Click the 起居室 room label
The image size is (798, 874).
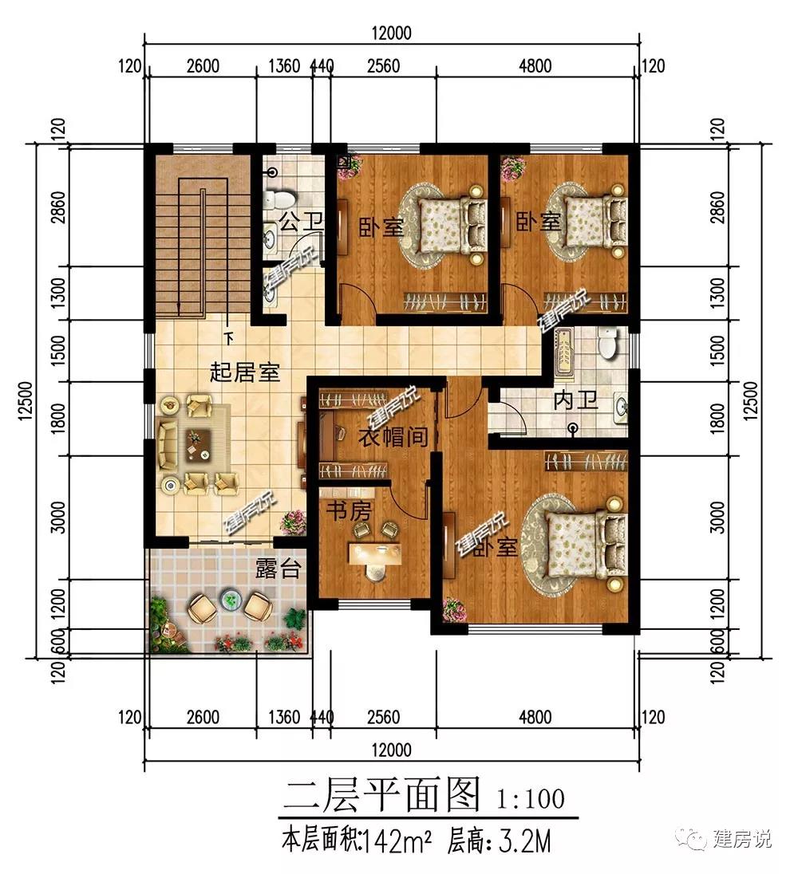click(x=244, y=372)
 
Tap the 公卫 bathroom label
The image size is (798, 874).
click(x=301, y=222)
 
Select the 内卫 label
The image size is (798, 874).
click(x=575, y=400)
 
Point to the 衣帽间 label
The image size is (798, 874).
click(x=393, y=437)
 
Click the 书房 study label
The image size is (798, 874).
click(x=349, y=510)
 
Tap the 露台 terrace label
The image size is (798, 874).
click(x=279, y=568)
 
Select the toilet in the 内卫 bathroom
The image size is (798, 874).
click(x=606, y=342)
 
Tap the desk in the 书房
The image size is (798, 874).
click(x=375, y=553)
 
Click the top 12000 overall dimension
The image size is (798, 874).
click(x=392, y=33)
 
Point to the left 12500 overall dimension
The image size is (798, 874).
click(x=27, y=401)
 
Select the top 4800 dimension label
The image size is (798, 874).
click(x=535, y=65)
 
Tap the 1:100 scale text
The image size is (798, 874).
click(x=531, y=799)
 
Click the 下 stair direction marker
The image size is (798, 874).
click(x=228, y=338)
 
